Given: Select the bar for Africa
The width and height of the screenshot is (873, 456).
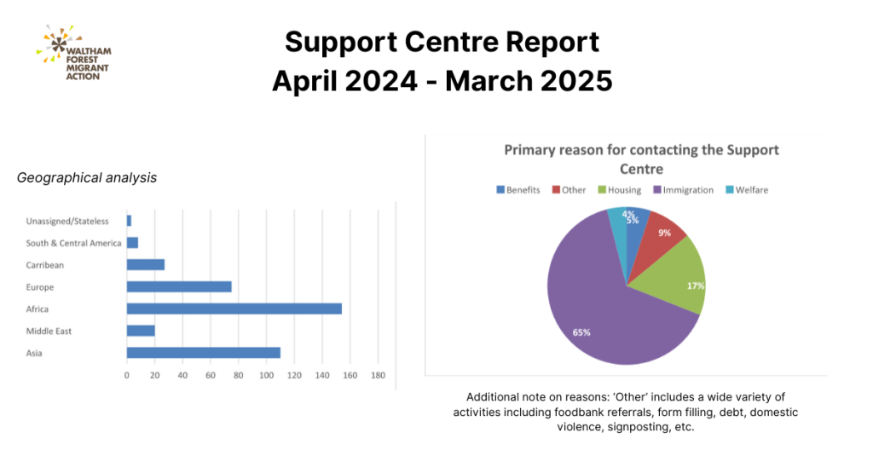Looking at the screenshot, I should click(x=234, y=309).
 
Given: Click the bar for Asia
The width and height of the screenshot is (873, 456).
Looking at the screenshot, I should click(x=203, y=352).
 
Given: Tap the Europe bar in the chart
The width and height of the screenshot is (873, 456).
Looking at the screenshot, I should click(x=179, y=286).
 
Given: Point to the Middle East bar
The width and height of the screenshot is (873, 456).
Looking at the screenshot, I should click(x=141, y=331).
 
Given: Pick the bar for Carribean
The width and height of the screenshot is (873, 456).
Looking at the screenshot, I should click(x=145, y=264).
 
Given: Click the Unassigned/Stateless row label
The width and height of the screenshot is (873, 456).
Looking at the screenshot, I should click(x=67, y=222).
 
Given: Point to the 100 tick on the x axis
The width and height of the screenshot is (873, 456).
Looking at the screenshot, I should click(x=266, y=375).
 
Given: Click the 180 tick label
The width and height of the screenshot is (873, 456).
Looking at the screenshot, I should click(x=378, y=375).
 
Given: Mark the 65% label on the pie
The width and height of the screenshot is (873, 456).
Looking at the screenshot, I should click(x=581, y=332).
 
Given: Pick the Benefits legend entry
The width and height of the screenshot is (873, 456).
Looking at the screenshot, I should click(x=517, y=190).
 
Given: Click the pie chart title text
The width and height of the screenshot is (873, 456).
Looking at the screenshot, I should click(x=641, y=159).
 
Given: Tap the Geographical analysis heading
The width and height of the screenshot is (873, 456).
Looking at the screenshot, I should click(x=86, y=177).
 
